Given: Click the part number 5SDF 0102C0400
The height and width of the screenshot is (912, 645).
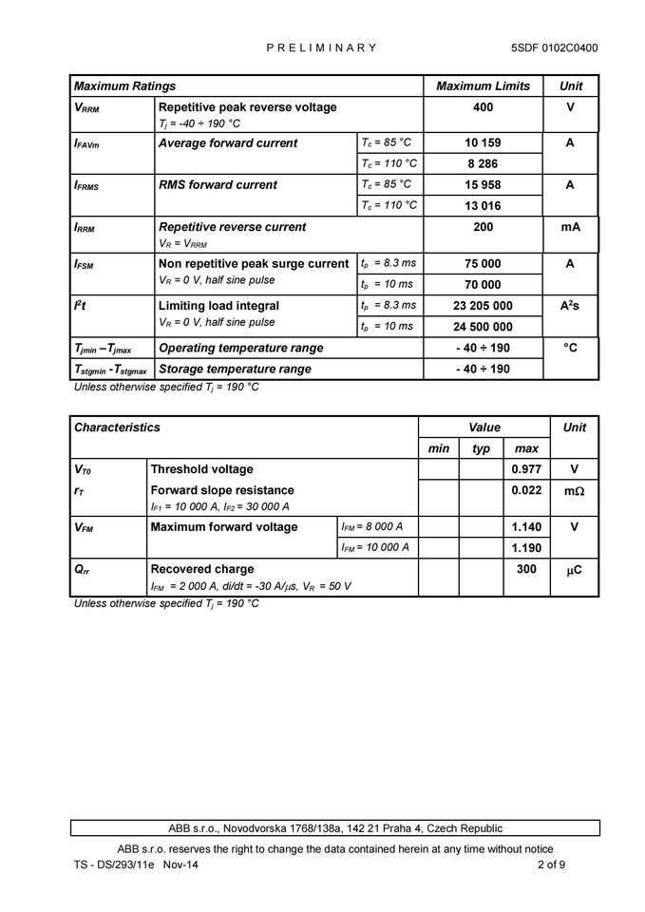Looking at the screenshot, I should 554,47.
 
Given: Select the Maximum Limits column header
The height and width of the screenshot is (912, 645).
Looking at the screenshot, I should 483,86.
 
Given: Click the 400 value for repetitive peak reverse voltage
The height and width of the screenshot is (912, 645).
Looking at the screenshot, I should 483,107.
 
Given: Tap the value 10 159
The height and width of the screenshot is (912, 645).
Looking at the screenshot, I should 483,143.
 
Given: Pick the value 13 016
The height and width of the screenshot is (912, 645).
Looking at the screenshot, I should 483,205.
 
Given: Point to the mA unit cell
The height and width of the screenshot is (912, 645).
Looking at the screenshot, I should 570,227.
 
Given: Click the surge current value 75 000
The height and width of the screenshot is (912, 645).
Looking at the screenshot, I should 483,264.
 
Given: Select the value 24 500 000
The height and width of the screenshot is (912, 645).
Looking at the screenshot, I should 483,326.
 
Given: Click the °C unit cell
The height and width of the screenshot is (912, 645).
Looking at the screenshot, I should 570,348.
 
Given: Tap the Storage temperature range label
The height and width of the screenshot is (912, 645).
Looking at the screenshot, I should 235,369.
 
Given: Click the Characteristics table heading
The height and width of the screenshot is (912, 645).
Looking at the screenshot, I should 117,427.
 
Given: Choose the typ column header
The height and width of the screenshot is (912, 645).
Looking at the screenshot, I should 482,448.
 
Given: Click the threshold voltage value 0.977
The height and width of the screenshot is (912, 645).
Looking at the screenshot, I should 526,469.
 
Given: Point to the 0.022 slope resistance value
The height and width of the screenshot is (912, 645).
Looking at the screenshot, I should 526,490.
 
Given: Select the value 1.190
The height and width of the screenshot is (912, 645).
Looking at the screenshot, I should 526,547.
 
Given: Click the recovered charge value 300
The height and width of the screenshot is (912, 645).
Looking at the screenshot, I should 526,569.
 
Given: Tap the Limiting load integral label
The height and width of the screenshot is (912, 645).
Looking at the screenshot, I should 218,306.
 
